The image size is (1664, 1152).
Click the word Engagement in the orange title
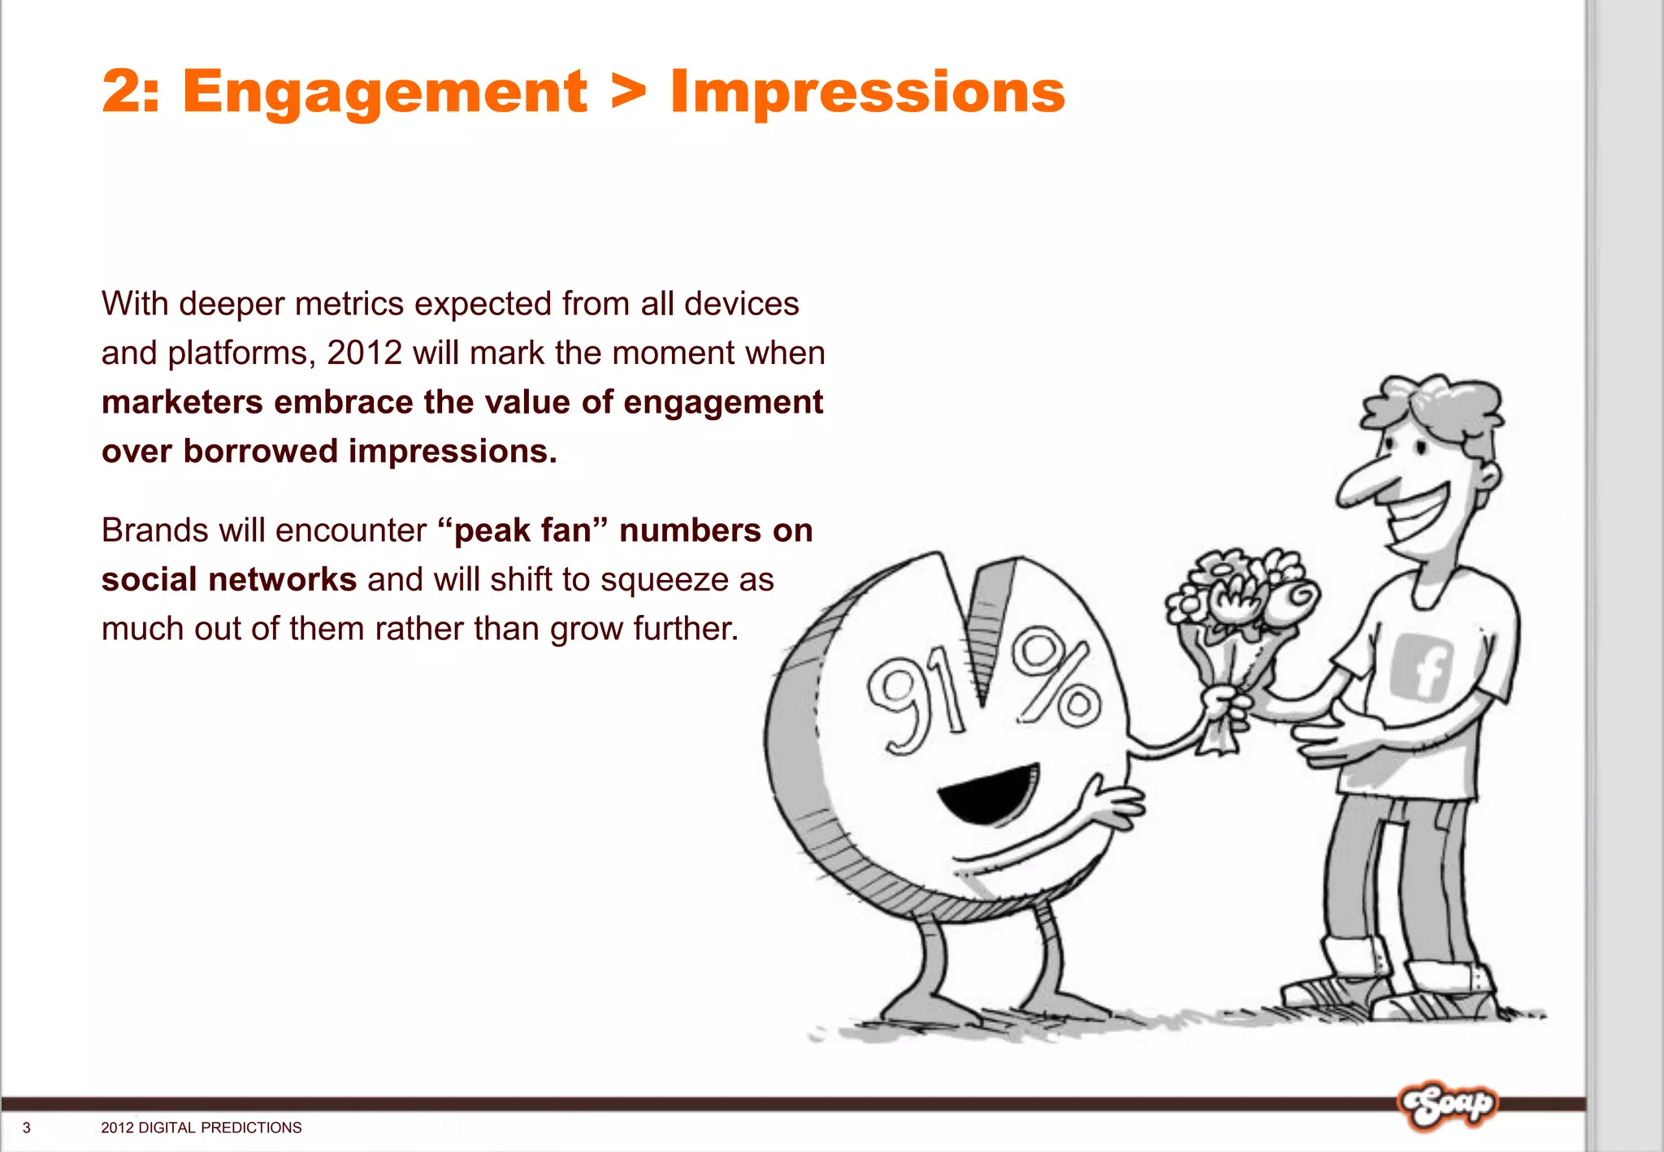(x=384, y=92)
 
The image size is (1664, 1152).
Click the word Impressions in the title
(x=867, y=92)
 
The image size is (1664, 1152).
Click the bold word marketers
(x=183, y=403)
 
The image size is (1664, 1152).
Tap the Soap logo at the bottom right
(x=1446, y=1105)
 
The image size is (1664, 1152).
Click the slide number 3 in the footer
(x=27, y=1128)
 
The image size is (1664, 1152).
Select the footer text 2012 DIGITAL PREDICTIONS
(x=201, y=1128)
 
